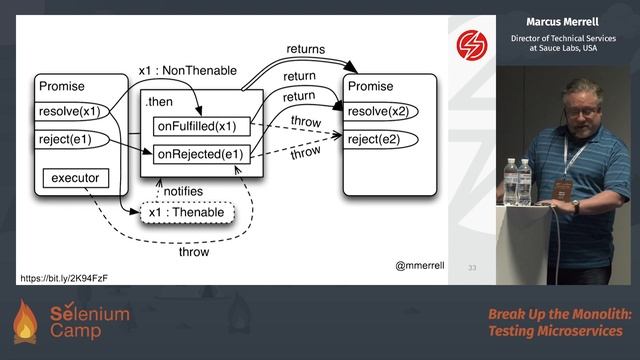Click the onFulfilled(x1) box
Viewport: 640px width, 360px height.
[198, 126]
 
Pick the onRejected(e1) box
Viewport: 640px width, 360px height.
[198, 154]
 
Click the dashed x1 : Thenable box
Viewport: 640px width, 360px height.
[185, 213]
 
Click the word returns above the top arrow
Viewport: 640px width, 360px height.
[306, 48]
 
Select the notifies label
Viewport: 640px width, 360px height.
[182, 191]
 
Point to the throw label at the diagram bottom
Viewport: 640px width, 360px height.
[194, 252]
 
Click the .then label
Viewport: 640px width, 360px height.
[158, 102]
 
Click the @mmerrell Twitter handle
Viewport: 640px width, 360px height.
[420, 266]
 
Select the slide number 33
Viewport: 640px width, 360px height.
[472, 267]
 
